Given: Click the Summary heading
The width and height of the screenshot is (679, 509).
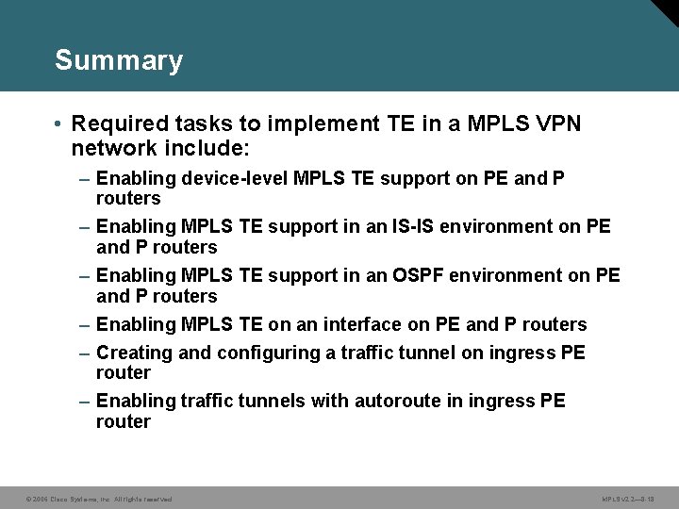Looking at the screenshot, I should coord(119,61).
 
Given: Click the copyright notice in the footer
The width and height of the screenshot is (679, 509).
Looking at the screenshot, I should coord(99,498).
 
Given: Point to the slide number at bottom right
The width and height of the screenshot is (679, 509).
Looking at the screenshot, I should coord(627,498).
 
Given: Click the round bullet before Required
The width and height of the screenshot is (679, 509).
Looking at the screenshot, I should coord(58,123).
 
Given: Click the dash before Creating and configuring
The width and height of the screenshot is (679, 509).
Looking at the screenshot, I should coord(85,353).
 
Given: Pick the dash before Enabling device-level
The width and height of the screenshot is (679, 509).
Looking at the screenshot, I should coord(85,178).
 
